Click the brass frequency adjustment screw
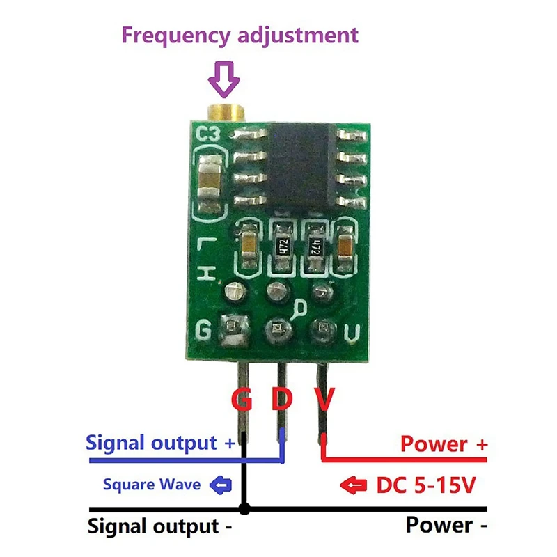pos(225,109)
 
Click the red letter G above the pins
pos(242,400)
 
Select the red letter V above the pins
pos(324,400)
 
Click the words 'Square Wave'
pos(151,484)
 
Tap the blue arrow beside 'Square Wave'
pos(221,483)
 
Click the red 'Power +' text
pos(444,444)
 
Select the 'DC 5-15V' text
pos(425,485)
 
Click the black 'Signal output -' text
pos(159,526)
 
